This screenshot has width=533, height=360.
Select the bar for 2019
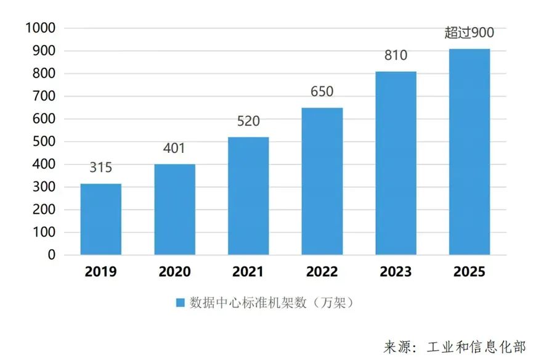101,219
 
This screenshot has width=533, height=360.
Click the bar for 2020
174,209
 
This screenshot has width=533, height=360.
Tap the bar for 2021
248,195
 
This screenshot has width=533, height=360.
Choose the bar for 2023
396,163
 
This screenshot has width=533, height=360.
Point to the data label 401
174,149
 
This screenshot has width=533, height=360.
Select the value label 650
322,92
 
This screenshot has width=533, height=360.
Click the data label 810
396,55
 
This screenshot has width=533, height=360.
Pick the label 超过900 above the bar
470,33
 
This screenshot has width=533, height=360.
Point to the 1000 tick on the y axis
40,28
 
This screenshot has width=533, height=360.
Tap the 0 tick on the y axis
52,255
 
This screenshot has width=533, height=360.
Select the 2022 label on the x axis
322,271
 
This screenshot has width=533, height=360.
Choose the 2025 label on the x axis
470,271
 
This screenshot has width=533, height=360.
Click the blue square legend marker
181,303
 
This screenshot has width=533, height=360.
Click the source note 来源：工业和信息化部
455,345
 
